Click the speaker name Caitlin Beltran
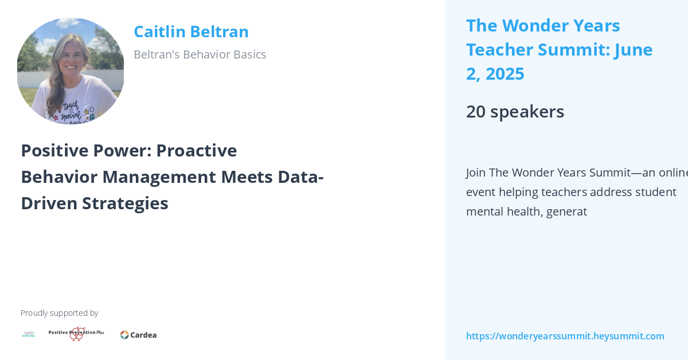191,32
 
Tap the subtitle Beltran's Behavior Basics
200,54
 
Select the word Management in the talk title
197,177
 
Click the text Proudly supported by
59,313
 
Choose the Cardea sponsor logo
138,335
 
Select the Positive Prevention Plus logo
76,334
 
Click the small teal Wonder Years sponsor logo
29,334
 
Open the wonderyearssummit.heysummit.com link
565,336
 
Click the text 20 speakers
515,111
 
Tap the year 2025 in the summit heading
504,74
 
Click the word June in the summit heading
633,50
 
